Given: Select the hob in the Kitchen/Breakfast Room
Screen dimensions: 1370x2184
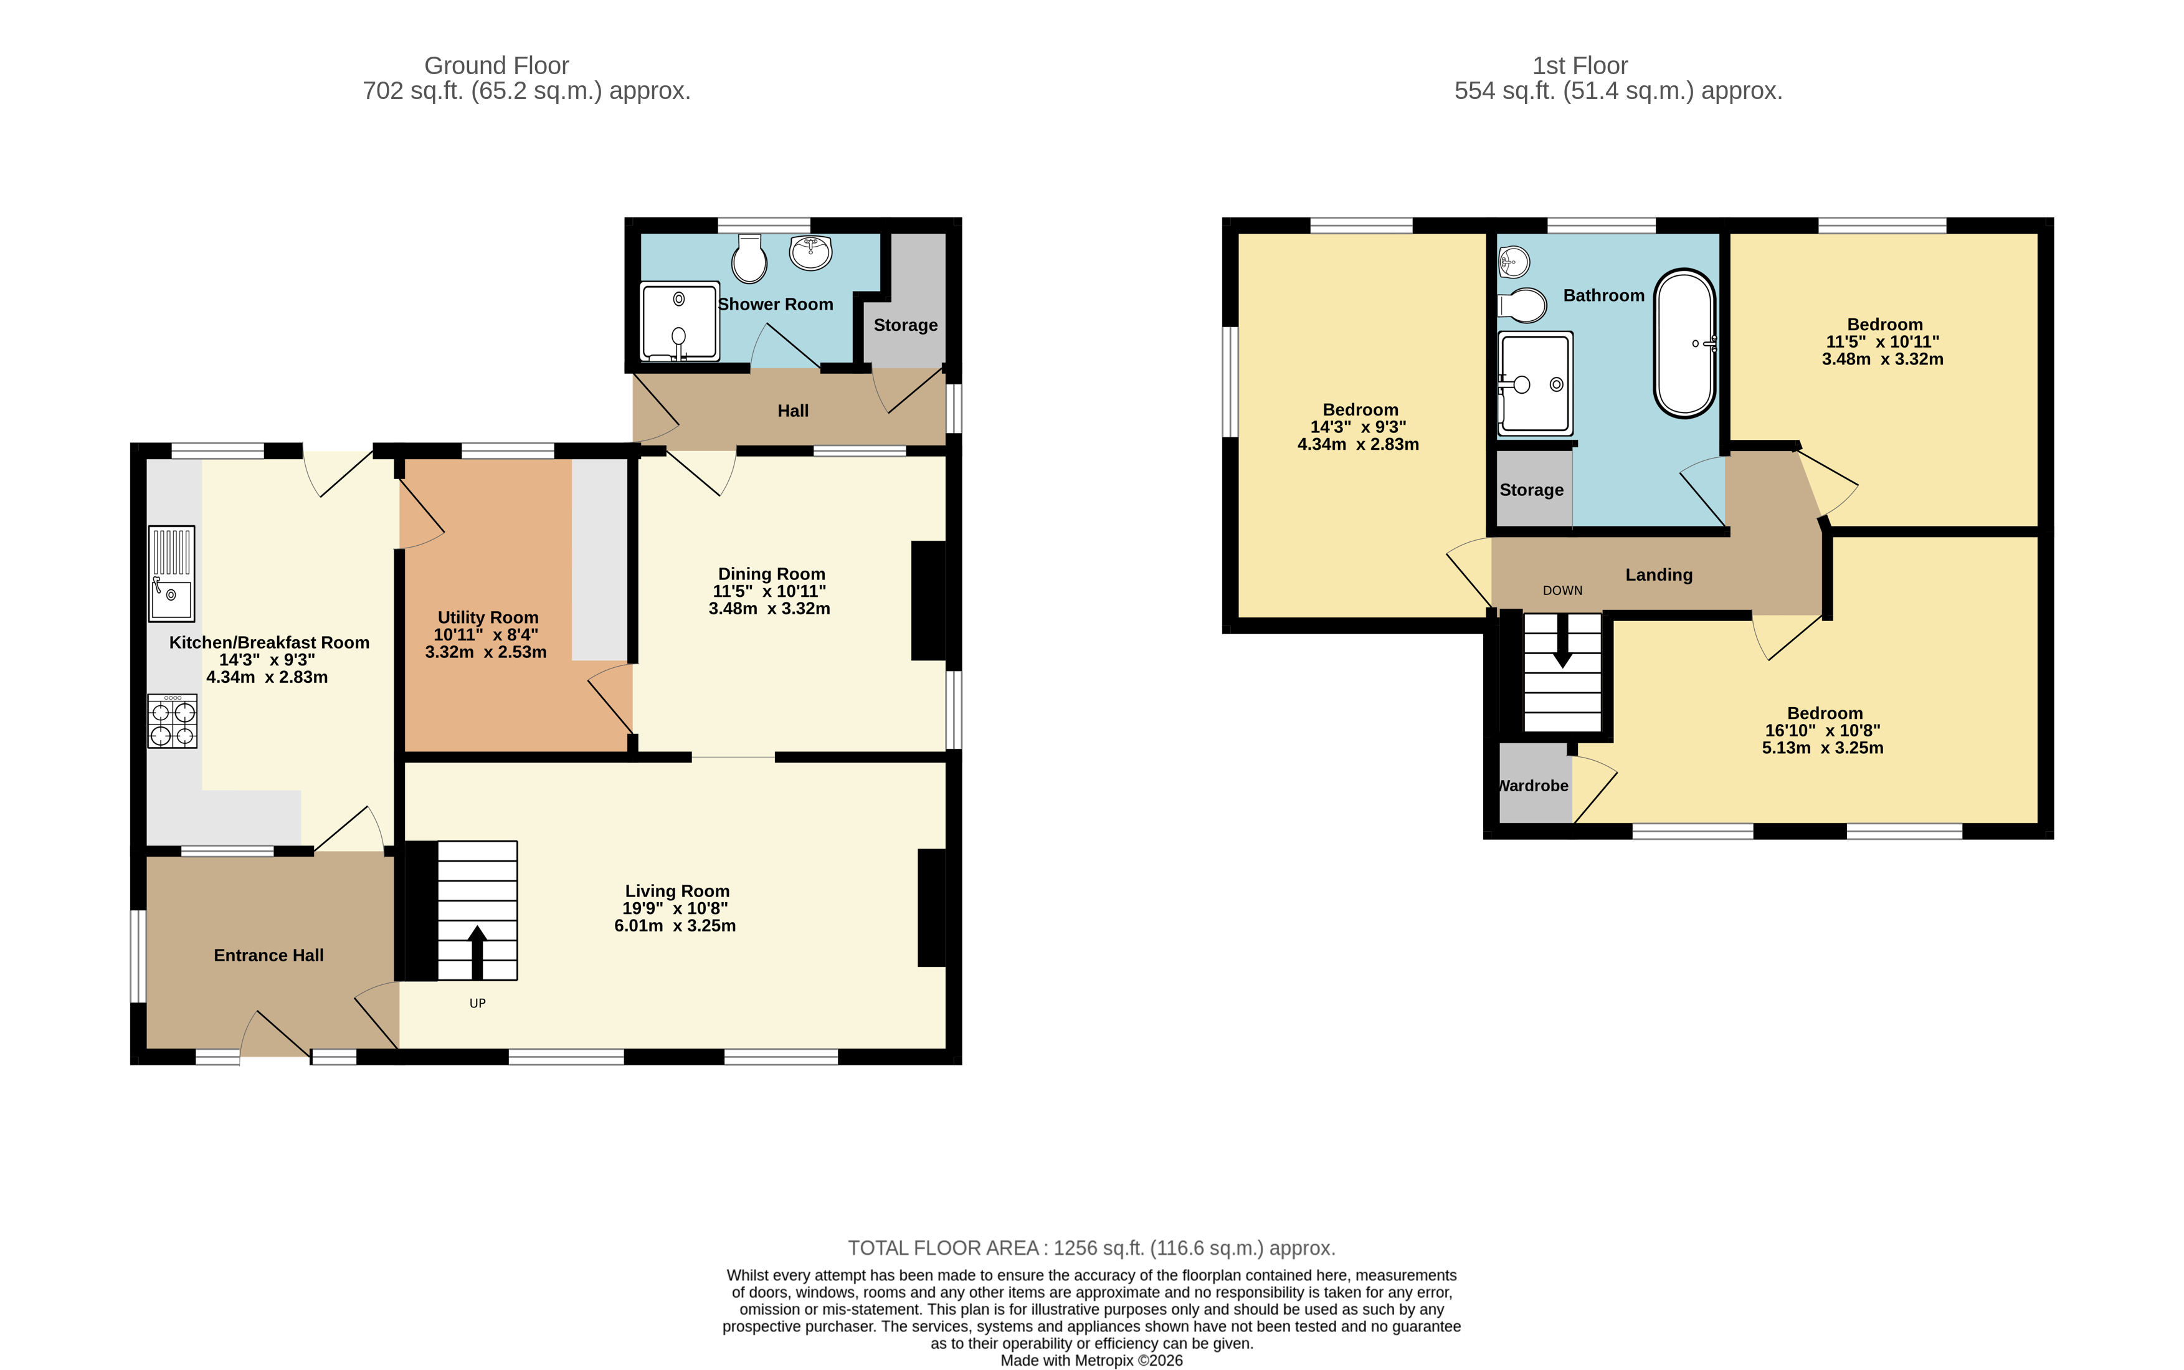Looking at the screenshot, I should [x=172, y=721].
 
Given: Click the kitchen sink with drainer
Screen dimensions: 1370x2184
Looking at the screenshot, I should [x=171, y=574].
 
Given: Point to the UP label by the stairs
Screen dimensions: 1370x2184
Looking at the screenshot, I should [x=477, y=1003].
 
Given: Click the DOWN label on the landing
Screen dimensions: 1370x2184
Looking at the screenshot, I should [x=1562, y=591].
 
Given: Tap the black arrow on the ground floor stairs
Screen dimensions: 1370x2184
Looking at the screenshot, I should [x=477, y=951].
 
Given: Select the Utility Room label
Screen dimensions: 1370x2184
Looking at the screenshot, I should [x=487, y=617].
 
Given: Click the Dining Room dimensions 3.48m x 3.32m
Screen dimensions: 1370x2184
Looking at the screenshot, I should [x=769, y=609].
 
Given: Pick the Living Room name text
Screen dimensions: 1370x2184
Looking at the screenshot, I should [x=677, y=891].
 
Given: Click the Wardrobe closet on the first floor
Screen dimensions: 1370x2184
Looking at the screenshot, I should [x=1534, y=784].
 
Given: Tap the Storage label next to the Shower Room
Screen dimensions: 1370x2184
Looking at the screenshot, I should [x=905, y=325].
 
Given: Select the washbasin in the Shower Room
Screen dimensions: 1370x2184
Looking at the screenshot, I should [x=810, y=251].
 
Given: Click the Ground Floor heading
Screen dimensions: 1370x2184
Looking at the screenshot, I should [x=496, y=65].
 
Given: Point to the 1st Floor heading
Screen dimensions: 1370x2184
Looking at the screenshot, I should [x=1580, y=65].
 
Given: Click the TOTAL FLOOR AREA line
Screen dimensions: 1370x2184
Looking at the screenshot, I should [x=1091, y=1248].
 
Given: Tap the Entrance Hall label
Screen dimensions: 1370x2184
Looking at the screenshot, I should [x=268, y=955].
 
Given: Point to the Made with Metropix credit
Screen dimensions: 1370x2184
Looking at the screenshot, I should [x=1091, y=1360].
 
